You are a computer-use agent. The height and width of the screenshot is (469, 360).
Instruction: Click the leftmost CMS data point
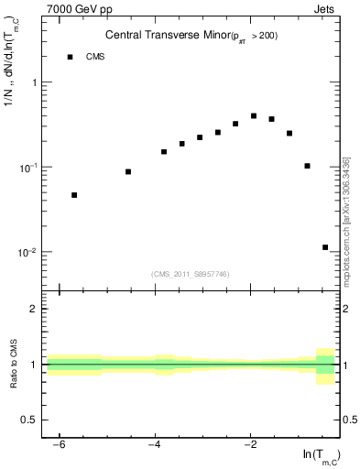74,195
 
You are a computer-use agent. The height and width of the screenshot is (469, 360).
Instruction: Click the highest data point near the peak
254,116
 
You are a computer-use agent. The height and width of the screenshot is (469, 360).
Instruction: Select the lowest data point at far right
325,247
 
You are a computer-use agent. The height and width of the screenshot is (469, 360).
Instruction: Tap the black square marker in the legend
70,57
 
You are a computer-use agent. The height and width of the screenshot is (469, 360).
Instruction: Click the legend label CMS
95,57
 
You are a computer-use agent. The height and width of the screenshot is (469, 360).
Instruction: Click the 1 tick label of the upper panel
36,82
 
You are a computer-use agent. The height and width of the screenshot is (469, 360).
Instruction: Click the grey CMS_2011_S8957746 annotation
191,274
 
